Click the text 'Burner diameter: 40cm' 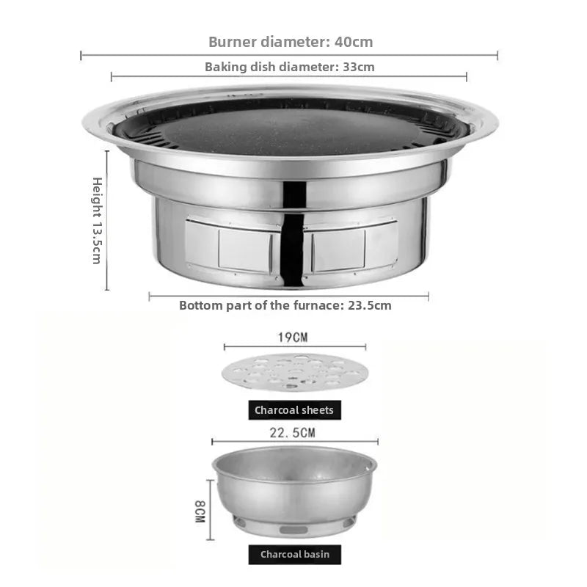[x=291, y=42]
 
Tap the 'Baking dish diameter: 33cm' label [x=289, y=67]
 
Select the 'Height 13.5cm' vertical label [x=97, y=220]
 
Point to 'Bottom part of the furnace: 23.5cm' [x=285, y=305]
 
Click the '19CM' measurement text [x=293, y=338]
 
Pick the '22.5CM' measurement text [x=293, y=433]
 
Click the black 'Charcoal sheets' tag [x=294, y=410]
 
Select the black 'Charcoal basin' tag [x=295, y=554]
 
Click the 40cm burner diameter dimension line [x=289, y=55]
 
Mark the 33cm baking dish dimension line [x=289, y=76]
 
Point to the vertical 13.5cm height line [x=107, y=220]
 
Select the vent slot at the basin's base [x=293, y=529]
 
